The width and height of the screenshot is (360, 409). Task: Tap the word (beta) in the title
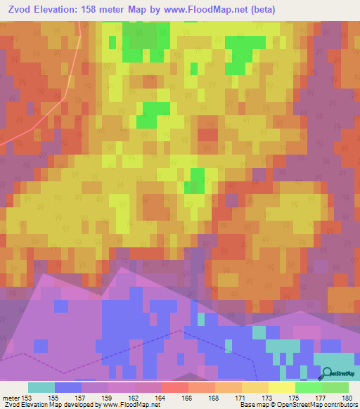(x=260, y=10)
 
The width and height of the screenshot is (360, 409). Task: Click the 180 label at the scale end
(x=347, y=397)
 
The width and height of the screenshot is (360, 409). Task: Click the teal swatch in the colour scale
(x=41, y=387)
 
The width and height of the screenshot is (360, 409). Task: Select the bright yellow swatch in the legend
(x=282, y=387)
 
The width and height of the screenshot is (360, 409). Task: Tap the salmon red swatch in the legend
(x=175, y=387)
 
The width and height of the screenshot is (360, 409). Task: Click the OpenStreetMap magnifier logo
(x=327, y=375)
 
